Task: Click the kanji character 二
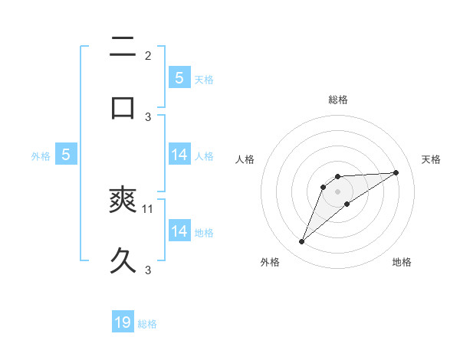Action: [123, 48]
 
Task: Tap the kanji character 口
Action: [123, 108]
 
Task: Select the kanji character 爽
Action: [123, 201]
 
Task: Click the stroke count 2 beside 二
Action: [148, 56]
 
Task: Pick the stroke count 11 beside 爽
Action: [149, 208]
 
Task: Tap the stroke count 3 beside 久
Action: [148, 270]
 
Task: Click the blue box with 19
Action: [123, 322]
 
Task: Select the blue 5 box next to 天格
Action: [179, 77]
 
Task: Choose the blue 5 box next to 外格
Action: [66, 155]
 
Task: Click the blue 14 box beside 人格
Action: [179, 155]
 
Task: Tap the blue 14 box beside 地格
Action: [179, 231]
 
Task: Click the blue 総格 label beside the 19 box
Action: [147, 324]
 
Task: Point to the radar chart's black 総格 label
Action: [338, 100]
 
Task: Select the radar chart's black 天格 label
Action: [431, 159]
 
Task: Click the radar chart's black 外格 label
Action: [270, 262]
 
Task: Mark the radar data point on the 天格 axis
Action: [396, 172]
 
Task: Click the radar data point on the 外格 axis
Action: [301, 242]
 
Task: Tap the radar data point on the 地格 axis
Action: [347, 204]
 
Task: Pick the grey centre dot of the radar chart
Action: [337, 191]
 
